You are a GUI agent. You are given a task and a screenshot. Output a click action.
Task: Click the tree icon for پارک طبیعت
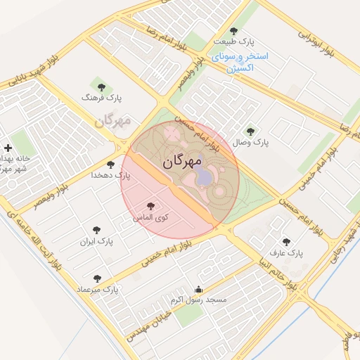tap(233, 30)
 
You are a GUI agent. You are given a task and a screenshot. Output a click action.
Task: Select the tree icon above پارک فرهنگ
tap(101, 87)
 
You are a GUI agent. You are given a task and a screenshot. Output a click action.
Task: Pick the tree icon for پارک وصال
tap(250, 131)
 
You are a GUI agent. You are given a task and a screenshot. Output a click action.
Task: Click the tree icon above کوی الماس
tap(150, 206)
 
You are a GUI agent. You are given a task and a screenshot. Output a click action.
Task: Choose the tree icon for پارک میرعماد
tap(97, 278)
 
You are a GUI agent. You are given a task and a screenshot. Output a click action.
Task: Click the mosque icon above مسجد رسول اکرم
tap(199, 288)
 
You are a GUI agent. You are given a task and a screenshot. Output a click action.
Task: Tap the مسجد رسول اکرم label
tap(200, 300)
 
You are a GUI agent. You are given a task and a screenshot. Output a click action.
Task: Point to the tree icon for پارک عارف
tap(285, 240)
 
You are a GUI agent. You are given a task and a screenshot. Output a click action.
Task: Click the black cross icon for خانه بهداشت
tap(8, 148)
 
